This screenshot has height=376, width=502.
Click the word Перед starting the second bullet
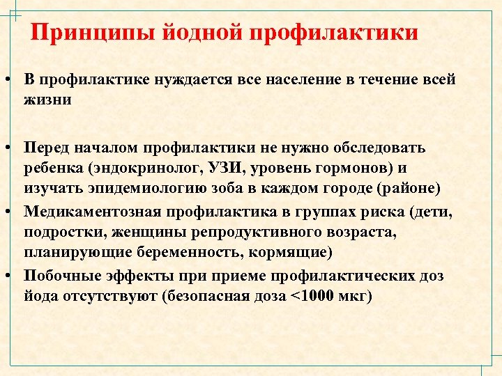point(47,148)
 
